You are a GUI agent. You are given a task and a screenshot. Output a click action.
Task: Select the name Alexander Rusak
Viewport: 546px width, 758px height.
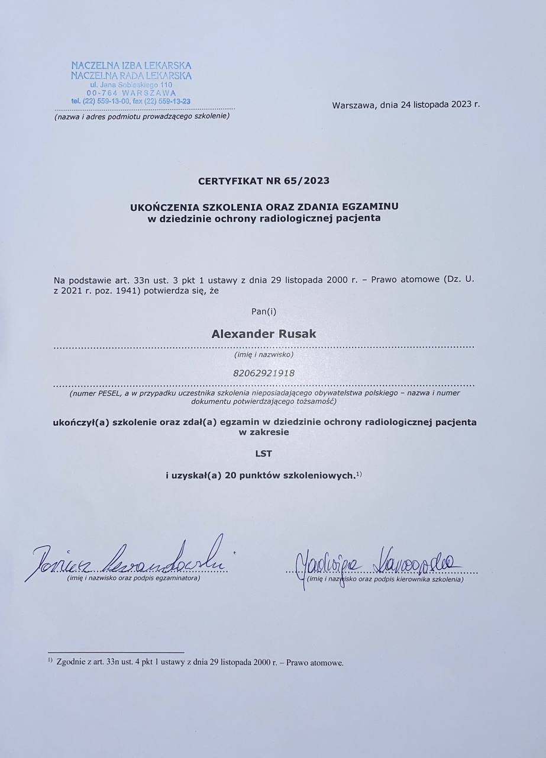pyautogui.click(x=264, y=334)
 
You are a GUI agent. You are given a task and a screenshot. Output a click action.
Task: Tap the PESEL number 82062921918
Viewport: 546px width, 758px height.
pyautogui.click(x=264, y=373)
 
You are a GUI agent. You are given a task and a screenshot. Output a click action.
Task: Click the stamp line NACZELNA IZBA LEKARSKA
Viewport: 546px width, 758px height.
pyautogui.click(x=131, y=66)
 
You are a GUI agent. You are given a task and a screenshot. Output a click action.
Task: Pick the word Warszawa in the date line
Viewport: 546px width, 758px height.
pyautogui.click(x=353, y=105)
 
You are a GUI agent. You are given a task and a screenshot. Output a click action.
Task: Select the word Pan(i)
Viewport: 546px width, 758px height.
pyautogui.click(x=264, y=310)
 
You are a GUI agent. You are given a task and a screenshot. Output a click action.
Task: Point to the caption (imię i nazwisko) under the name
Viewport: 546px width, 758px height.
pyautogui.click(x=264, y=354)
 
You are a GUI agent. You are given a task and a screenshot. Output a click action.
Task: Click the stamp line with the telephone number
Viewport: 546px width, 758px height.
pyautogui.click(x=131, y=101)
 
